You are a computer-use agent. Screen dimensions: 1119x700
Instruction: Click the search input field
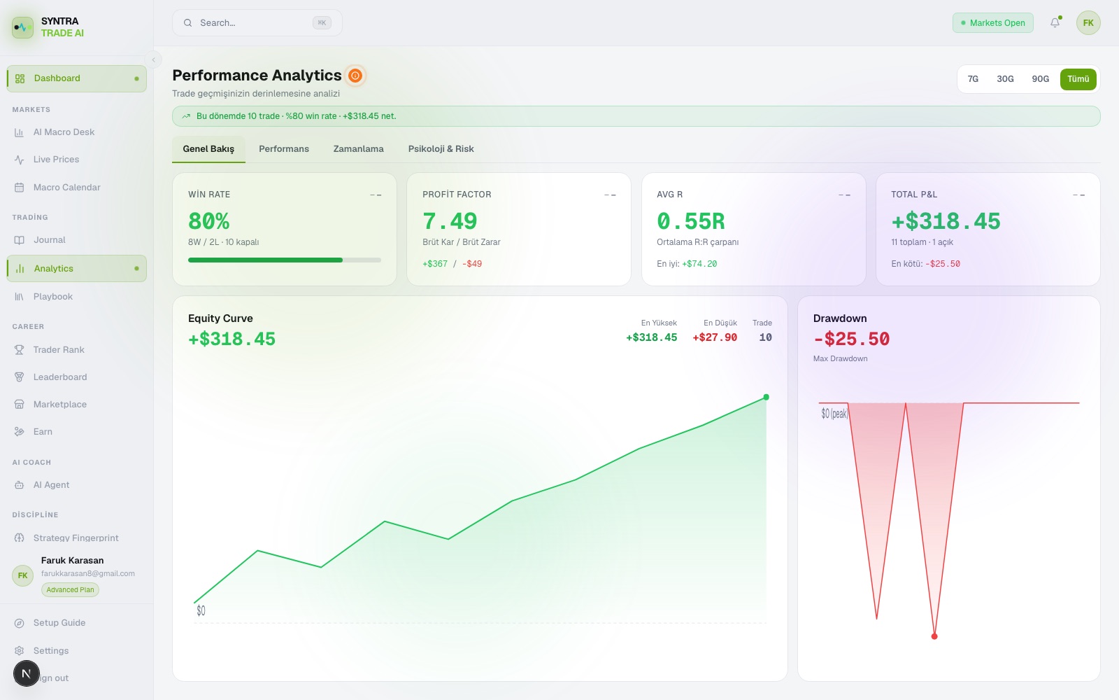tap(257, 22)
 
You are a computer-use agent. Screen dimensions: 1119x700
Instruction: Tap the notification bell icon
tap(1055, 22)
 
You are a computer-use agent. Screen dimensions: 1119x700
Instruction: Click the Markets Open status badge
tap(992, 22)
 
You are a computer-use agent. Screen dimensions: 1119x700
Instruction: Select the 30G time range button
tap(1004, 79)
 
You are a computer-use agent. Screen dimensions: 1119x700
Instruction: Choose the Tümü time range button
tap(1078, 79)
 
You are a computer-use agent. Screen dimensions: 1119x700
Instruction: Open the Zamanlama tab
tap(358, 148)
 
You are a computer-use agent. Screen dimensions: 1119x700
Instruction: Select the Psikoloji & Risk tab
tap(441, 148)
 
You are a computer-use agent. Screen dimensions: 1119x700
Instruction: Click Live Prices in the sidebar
tap(56, 160)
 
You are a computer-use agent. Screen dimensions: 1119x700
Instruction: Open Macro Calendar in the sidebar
tap(66, 188)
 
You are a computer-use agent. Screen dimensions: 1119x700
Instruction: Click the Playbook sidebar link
tap(53, 297)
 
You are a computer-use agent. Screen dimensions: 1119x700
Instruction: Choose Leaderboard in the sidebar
tap(60, 377)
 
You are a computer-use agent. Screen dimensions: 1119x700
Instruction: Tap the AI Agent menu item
tap(51, 485)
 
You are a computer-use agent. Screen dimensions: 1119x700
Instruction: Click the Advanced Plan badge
tap(70, 589)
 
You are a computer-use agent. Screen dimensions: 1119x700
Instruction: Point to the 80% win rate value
tap(208, 221)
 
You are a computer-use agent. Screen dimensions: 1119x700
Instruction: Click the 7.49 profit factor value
tap(450, 221)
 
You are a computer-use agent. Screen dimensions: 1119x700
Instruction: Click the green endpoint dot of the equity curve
tap(766, 397)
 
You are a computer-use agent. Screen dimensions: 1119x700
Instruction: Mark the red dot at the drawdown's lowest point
tap(934, 636)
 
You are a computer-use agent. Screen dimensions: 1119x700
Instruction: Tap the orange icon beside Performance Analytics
tap(355, 76)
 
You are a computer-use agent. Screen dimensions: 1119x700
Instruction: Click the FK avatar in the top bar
tap(1088, 22)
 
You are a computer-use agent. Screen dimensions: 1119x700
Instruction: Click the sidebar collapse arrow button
tap(153, 60)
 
